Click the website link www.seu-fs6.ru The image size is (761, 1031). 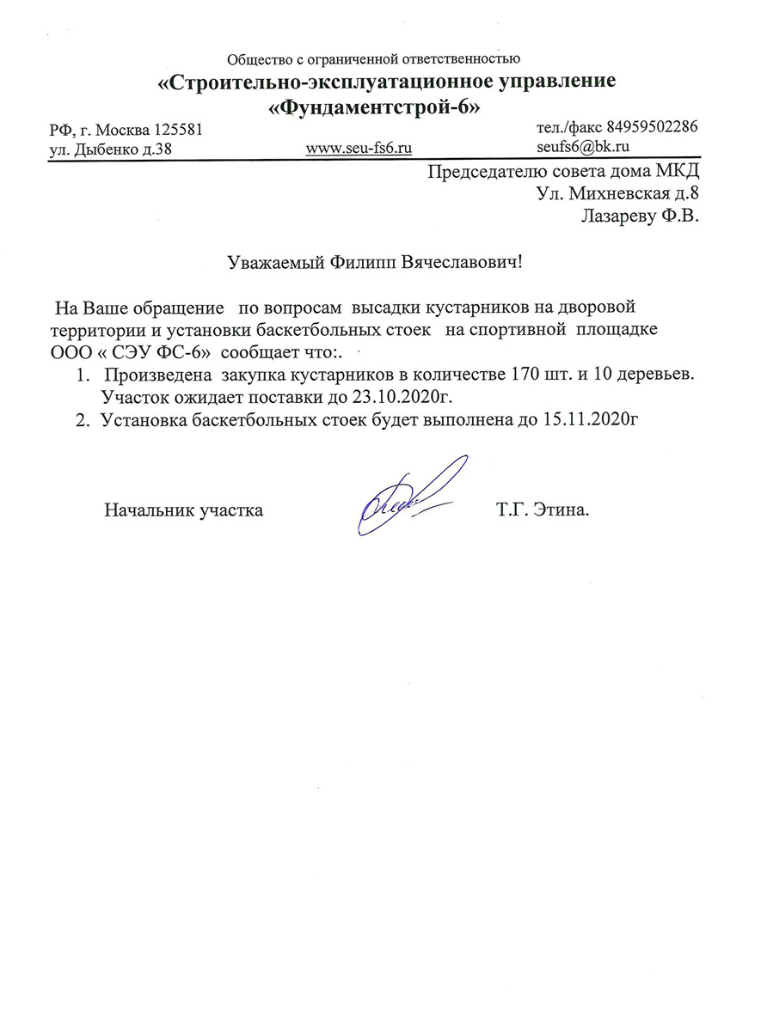pos(359,148)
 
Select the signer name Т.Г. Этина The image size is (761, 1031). pos(543,510)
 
